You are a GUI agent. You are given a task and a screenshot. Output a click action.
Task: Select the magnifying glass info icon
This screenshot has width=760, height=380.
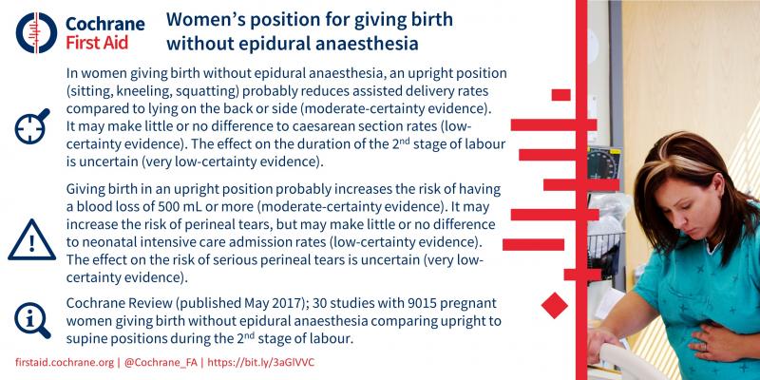32,320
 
